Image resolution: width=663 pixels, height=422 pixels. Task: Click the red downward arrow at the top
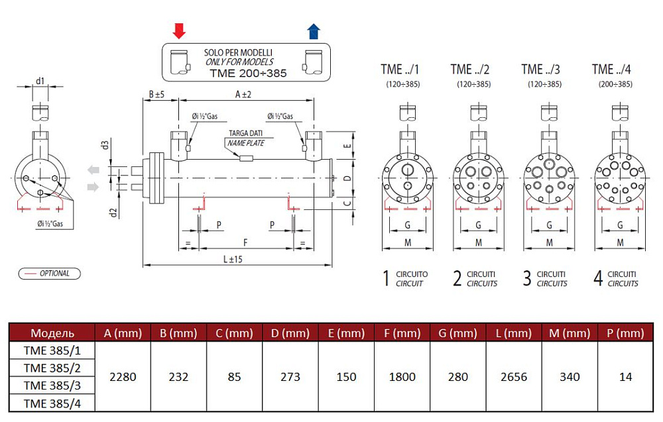[x=179, y=30]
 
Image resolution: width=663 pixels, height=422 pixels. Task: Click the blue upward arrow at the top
[x=314, y=30]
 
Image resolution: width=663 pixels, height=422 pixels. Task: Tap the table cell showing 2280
[x=123, y=377]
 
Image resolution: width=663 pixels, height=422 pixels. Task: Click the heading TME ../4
[x=611, y=70]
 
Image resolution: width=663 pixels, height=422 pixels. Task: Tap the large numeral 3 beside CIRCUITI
[x=527, y=278]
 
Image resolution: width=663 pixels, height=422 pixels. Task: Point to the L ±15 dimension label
[x=229, y=258]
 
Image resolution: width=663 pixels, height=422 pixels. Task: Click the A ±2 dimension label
[x=243, y=95]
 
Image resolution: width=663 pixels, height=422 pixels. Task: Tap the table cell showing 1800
[x=402, y=377]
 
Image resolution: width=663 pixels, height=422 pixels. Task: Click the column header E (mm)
[x=347, y=333]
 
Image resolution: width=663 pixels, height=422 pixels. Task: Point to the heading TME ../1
[x=400, y=70]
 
